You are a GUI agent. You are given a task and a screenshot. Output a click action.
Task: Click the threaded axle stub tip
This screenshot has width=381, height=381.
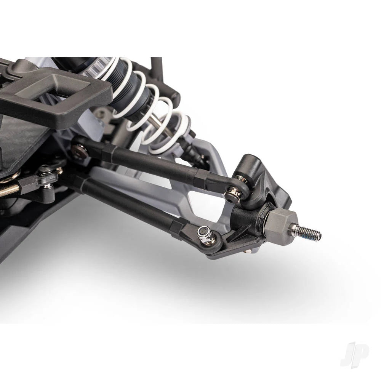tap(319, 235)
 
